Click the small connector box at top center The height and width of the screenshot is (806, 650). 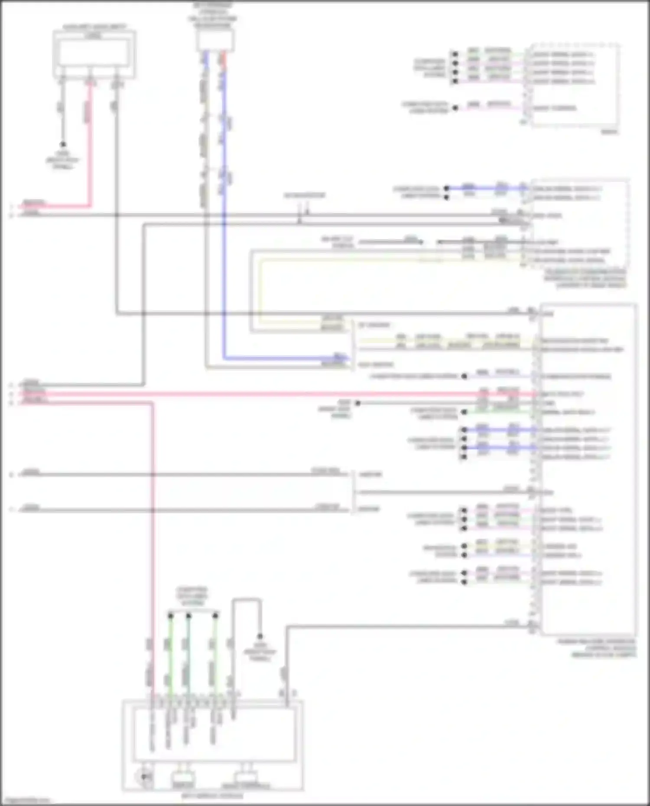click(215, 41)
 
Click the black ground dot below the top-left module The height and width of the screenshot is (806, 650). click(63, 145)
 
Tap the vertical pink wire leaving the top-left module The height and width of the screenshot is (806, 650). click(91, 143)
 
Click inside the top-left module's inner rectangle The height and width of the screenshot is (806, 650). click(94, 53)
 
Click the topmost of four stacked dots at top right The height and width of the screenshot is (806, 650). click(455, 54)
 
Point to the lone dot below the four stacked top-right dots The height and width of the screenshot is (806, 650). click(455, 108)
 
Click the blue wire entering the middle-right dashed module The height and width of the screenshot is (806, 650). click(485, 188)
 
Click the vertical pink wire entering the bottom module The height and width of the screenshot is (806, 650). click(152, 563)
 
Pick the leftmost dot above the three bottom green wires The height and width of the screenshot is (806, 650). click(170, 615)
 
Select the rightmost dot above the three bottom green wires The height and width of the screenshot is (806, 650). click(215, 615)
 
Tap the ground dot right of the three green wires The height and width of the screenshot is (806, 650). click(260, 636)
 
